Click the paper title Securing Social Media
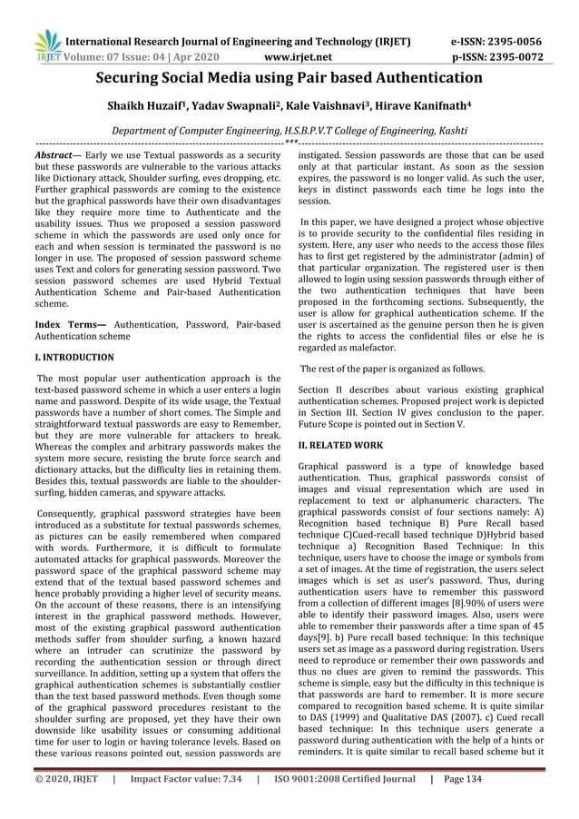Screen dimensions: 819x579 point(289,79)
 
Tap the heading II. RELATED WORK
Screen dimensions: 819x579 point(340,447)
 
